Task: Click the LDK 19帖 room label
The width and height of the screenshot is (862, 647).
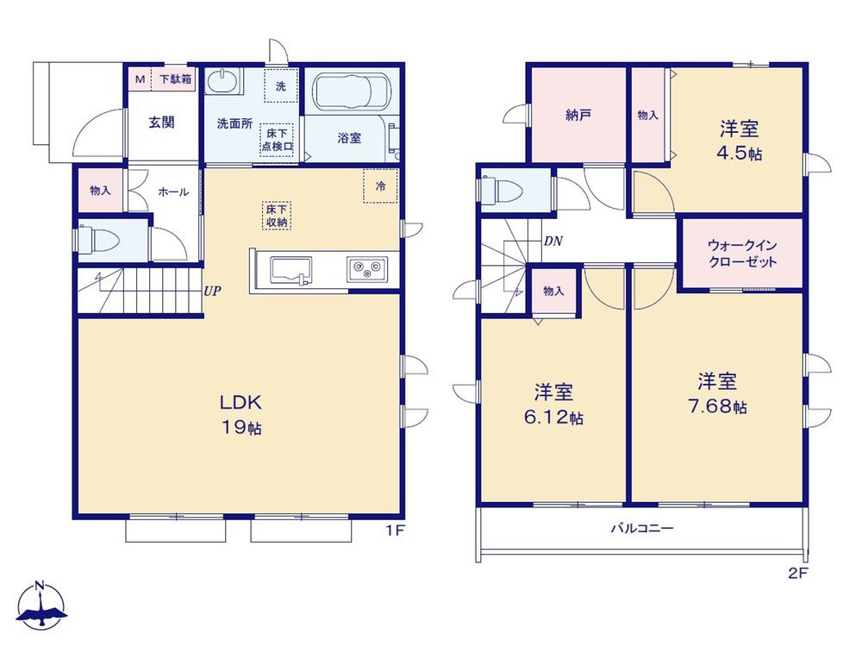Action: tap(240, 414)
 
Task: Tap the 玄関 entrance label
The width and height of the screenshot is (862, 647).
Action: tap(162, 122)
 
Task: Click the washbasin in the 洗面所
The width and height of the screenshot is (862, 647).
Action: tap(224, 82)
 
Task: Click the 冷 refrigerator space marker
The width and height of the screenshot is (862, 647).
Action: tap(380, 186)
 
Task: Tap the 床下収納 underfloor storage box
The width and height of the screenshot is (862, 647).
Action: tap(277, 215)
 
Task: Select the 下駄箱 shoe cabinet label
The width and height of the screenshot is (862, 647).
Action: tap(175, 79)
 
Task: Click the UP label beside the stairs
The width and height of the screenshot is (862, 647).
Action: tap(212, 291)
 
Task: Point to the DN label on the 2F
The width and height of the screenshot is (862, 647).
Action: tap(553, 241)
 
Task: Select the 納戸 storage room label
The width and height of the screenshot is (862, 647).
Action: tap(578, 115)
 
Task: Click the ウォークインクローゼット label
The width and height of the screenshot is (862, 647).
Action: tap(742, 253)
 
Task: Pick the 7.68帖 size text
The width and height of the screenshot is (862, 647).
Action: tap(717, 406)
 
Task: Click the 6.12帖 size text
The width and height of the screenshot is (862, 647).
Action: tap(553, 417)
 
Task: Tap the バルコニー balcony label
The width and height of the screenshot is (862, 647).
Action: tap(642, 528)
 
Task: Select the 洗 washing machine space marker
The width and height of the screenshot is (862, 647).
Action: tap(281, 85)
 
